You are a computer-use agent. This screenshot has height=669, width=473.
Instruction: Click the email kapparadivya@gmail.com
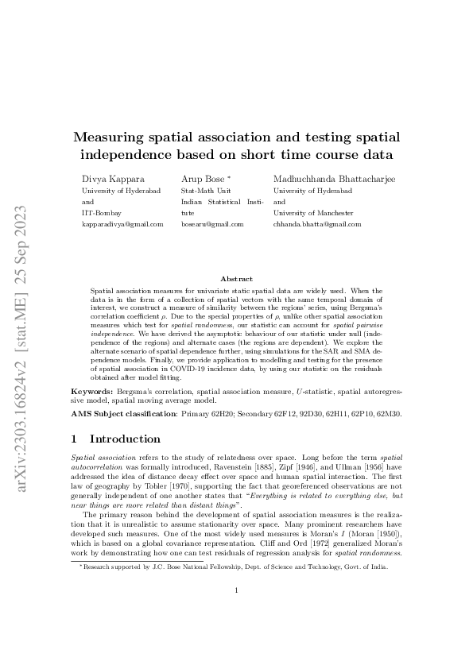click(122, 225)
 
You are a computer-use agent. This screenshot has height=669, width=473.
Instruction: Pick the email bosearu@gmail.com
click(212, 225)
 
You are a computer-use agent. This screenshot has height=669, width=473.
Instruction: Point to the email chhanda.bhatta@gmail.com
click(316, 225)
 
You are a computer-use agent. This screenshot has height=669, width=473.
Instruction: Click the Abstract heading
click(236, 279)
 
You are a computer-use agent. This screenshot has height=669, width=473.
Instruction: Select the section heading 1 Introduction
click(127, 439)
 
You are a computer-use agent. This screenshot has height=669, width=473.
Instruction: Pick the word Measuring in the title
click(120, 138)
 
